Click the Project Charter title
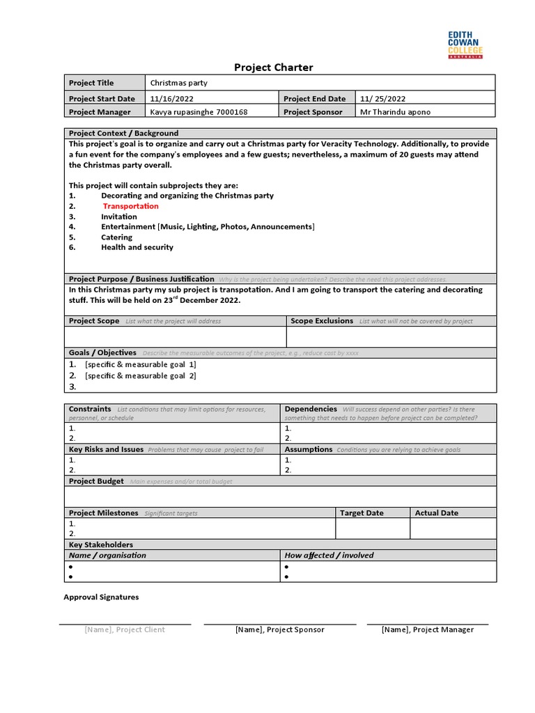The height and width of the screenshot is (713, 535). pyautogui.click(x=273, y=68)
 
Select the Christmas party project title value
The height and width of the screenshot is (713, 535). pyautogui.click(x=178, y=83)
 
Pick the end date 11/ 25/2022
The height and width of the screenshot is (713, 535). pyautogui.click(x=382, y=99)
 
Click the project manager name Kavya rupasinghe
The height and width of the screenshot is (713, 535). pyautogui.click(x=199, y=111)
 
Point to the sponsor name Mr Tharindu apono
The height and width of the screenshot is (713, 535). pyautogui.click(x=395, y=111)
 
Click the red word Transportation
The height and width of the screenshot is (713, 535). pyautogui.click(x=130, y=206)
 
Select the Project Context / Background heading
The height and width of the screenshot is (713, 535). pyautogui.click(x=123, y=133)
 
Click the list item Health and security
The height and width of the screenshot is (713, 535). pyautogui.click(x=137, y=247)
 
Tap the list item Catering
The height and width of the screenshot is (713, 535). pyautogui.click(x=116, y=237)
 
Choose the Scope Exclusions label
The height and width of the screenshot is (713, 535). pyautogui.click(x=322, y=321)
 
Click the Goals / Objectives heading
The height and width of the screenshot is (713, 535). pyautogui.click(x=102, y=353)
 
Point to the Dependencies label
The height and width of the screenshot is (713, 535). pyautogui.click(x=311, y=409)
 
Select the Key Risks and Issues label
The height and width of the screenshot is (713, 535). pyautogui.click(x=106, y=450)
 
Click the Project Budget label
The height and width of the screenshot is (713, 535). pyautogui.click(x=96, y=481)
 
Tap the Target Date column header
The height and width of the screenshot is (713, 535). pyautogui.click(x=362, y=513)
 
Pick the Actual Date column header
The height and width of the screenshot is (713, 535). pyautogui.click(x=436, y=513)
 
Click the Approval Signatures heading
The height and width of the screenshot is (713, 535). pyautogui.click(x=101, y=597)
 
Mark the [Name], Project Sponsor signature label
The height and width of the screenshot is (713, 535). pyautogui.click(x=279, y=629)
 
